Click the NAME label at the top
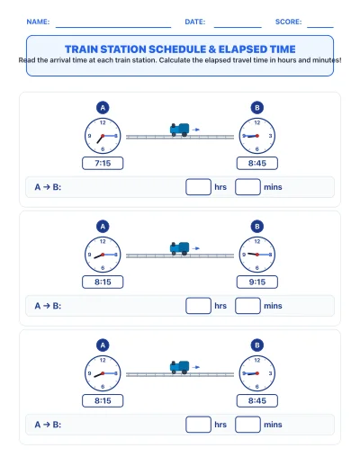pos(38,22)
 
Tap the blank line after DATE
pos(238,27)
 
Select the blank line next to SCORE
pos(320,27)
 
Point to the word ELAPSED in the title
pos(242,49)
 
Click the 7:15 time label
pos(103,163)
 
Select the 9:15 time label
pos(257,282)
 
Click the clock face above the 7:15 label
pos(103,136)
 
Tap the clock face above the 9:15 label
pos(257,255)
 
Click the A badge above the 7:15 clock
pos(103,108)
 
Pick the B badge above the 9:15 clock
pos(257,227)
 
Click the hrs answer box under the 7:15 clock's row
pos(198,187)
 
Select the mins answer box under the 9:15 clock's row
pos(247,306)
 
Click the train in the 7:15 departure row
pos(179,130)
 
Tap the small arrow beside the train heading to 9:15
pos(196,248)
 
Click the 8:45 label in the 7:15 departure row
pos(257,163)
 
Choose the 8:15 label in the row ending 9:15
pos(103,282)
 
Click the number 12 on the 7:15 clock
pos(103,122)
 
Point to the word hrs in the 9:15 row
pos(220,306)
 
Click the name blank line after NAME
pos(113,27)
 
